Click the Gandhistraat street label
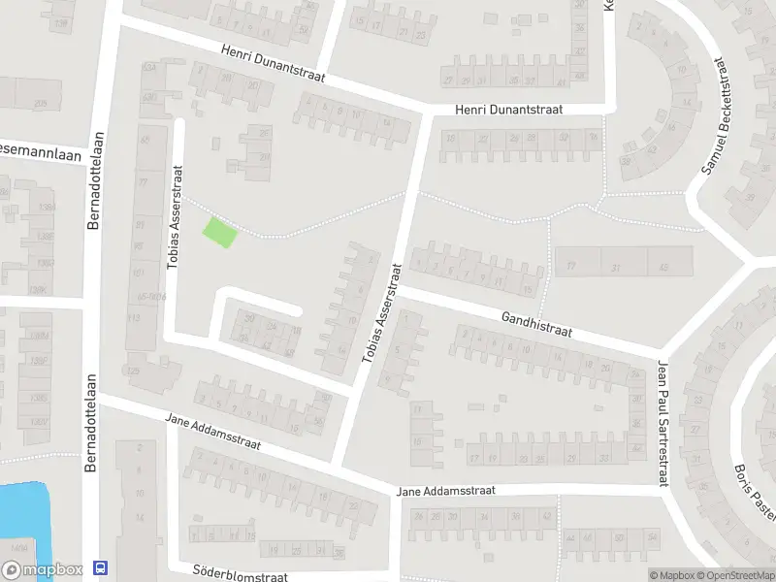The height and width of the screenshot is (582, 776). click(536, 324)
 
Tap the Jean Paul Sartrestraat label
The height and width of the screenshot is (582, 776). click(663, 411)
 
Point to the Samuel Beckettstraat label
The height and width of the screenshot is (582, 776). click(713, 115)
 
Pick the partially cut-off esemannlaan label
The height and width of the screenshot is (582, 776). click(39, 152)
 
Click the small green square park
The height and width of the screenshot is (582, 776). click(219, 232)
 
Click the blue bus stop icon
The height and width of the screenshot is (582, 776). click(100, 567)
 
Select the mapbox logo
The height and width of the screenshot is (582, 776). click(41, 571)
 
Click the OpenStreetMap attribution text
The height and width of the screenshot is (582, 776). click(734, 575)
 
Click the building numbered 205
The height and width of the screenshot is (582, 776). click(40, 104)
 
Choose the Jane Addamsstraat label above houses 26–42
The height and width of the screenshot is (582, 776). click(446, 491)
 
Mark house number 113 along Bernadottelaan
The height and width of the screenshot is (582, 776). click(133, 318)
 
